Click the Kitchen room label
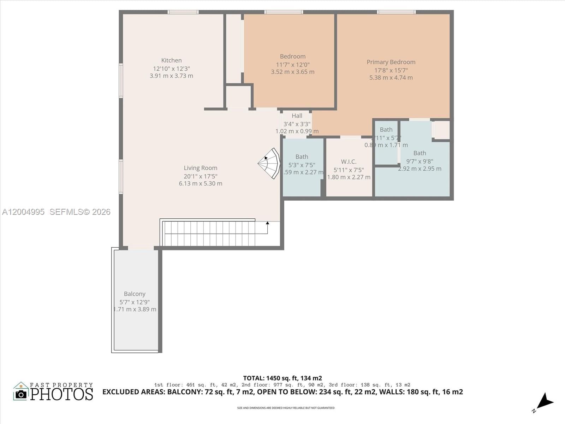(171, 60)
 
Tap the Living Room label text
(200, 168)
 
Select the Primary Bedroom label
(391, 62)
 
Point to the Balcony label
(135, 294)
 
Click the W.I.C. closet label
(349, 162)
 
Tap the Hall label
(297, 116)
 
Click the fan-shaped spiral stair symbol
(270, 163)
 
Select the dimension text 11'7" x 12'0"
(293, 65)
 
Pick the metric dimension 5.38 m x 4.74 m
(391, 78)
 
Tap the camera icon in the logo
(21, 394)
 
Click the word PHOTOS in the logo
(61, 394)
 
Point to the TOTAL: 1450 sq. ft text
(282, 378)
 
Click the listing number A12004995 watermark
(23, 212)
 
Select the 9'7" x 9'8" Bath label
(420, 153)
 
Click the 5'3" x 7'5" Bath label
(302, 157)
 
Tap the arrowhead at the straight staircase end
(268, 223)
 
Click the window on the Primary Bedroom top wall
(396, 12)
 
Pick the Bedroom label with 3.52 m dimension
(293, 57)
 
